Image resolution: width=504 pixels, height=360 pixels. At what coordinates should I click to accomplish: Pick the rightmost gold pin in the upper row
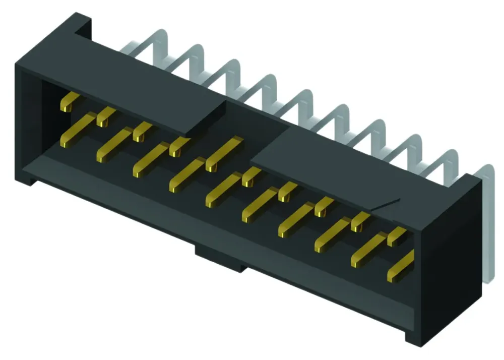point(397,235)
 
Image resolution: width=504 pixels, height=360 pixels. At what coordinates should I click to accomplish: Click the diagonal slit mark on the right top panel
point(386,204)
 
